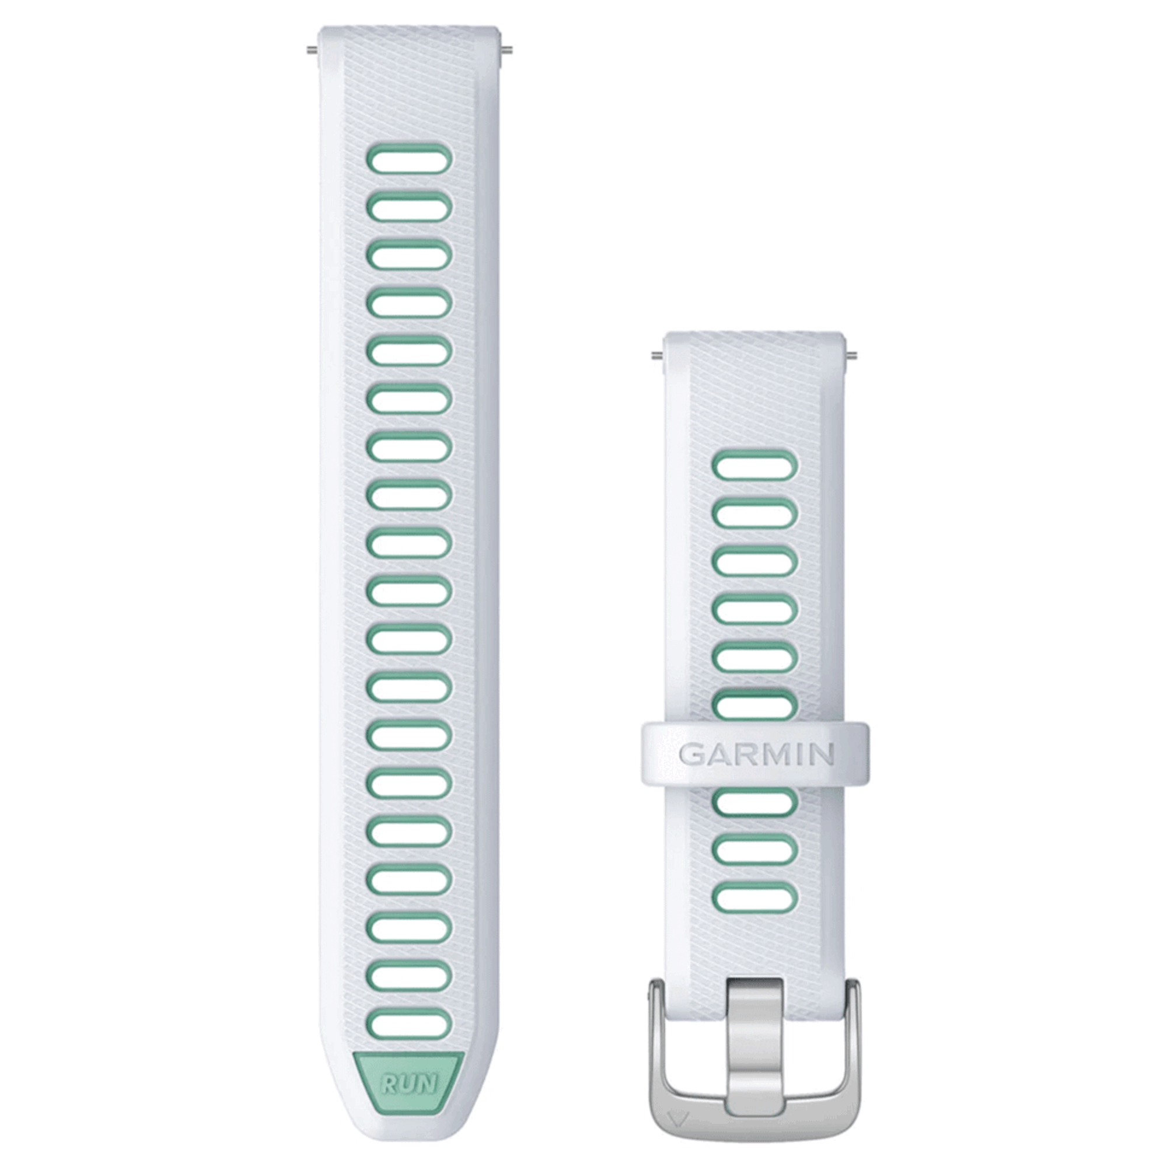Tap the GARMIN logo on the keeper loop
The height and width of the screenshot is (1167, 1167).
coord(756,754)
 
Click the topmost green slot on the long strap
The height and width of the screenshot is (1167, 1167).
coord(409,159)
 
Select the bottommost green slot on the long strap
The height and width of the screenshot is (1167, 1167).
coord(409,1025)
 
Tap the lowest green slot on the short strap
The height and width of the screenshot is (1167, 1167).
coord(755,897)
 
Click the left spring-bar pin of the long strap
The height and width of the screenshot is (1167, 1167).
coord(313,50)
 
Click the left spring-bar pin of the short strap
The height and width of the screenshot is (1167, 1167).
coord(658,357)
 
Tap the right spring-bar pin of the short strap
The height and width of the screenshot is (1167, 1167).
coord(852,357)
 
